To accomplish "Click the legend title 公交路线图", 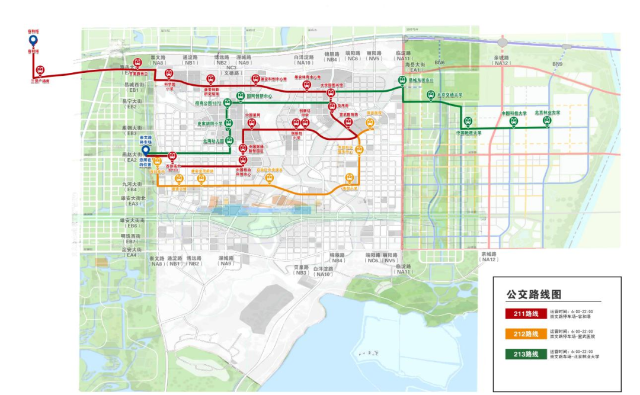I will tap(533, 294).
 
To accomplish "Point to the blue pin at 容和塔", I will tap(34, 40).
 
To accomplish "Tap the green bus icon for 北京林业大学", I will tap(547, 121).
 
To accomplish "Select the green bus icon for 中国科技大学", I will tap(514, 121).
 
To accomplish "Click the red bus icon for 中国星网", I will tap(252, 123).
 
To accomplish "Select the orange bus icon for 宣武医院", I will tap(370, 123).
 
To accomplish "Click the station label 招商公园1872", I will tap(208, 103).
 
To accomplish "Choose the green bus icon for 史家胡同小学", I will tap(228, 124).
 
